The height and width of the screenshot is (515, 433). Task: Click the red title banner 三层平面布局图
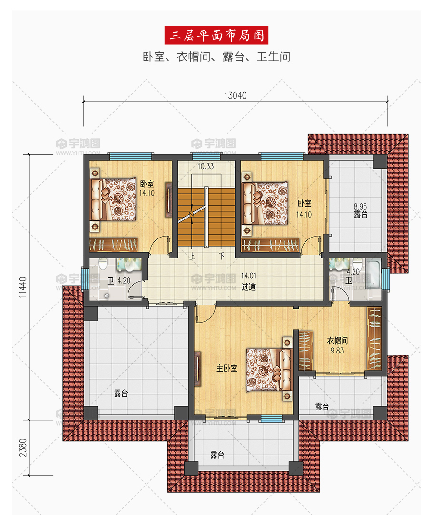coord(216,35)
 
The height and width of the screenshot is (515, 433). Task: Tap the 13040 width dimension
coord(235,95)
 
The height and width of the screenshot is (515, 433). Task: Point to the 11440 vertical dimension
coord(22,287)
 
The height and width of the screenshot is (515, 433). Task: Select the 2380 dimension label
coord(22,448)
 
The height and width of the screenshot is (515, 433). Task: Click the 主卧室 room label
coord(226,368)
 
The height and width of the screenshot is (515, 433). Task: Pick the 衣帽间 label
coord(337,341)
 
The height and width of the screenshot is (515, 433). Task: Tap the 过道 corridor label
coord(248,287)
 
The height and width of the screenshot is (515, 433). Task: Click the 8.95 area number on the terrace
coord(360,207)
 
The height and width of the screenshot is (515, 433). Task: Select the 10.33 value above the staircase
coord(206,167)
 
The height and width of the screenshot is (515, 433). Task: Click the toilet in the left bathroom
coord(103,264)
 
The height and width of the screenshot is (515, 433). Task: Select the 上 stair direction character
coord(192,256)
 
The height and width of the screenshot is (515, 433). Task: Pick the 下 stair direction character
coord(222,256)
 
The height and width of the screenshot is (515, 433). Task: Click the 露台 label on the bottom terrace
coord(217,455)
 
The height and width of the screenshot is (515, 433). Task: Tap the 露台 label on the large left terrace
coord(121,393)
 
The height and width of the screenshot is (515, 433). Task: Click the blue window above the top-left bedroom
coord(131,156)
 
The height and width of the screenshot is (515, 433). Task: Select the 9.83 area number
coord(337,351)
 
